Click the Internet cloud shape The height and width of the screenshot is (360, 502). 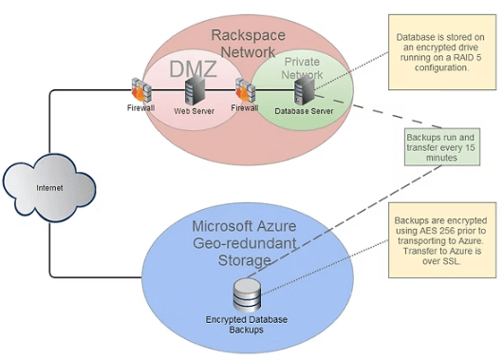49,187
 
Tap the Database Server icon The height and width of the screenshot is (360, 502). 303,92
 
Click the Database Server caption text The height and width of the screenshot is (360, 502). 303,111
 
